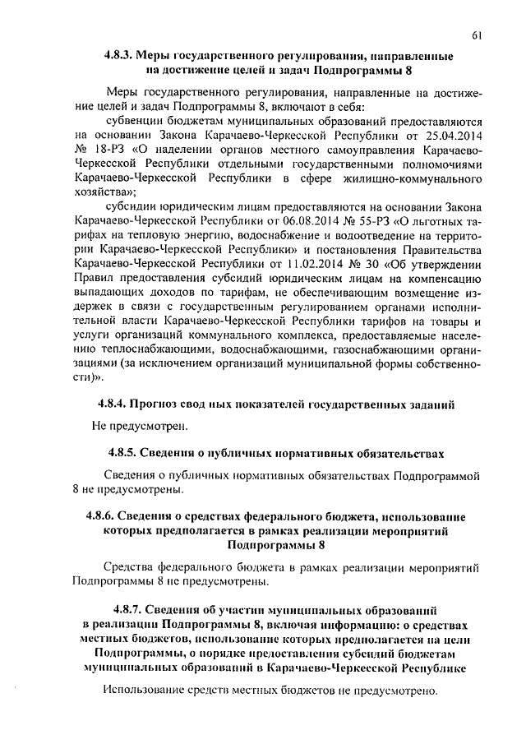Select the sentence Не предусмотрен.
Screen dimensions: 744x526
click(x=141, y=426)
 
